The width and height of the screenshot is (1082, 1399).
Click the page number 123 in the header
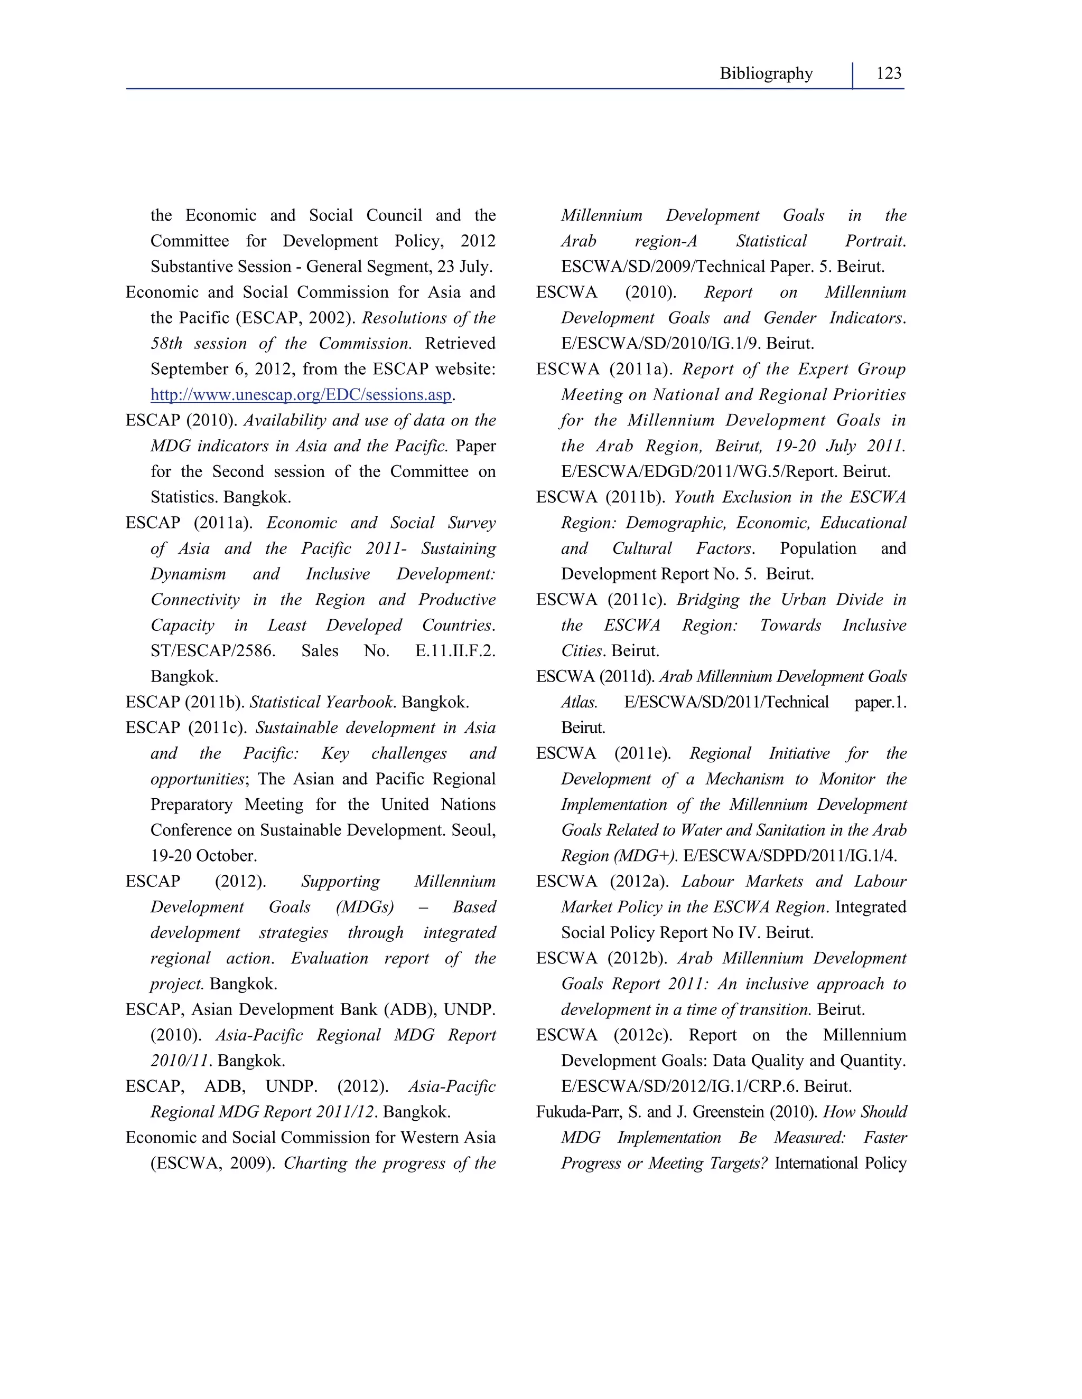point(889,74)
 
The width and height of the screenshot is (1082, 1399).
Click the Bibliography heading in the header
point(766,74)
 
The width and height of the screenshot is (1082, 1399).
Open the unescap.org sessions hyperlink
point(301,395)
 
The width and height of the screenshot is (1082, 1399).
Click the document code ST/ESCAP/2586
point(213,651)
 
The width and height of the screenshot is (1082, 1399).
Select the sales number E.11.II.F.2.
point(455,651)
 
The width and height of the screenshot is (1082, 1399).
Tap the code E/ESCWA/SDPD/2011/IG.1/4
point(790,856)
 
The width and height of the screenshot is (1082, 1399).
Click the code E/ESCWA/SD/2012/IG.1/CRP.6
point(679,1087)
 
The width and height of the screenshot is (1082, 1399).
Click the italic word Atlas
point(579,703)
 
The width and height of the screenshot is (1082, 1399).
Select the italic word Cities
point(581,651)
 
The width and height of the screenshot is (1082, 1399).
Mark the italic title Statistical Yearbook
point(321,703)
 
